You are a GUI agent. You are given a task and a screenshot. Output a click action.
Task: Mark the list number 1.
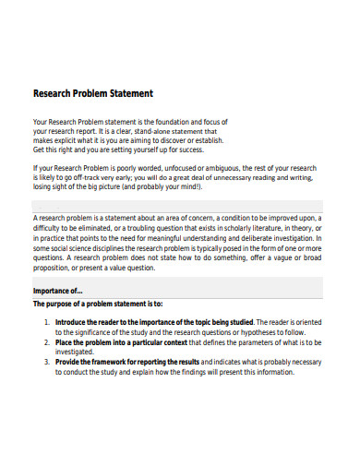pyautogui.click(x=46, y=322)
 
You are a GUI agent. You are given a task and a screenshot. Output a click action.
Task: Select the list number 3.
pyautogui.click(x=46, y=363)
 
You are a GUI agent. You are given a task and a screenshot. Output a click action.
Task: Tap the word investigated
pyautogui.click(x=77, y=352)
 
